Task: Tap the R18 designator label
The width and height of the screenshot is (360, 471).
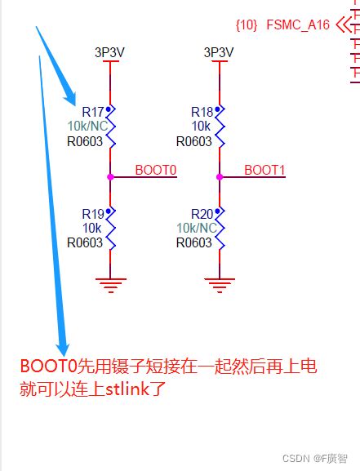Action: click(x=202, y=111)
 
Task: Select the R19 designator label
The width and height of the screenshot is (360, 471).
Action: click(x=92, y=214)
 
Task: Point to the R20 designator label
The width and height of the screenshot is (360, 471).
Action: click(x=202, y=214)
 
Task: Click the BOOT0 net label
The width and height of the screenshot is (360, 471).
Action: click(x=156, y=170)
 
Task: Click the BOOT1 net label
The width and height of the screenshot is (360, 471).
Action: click(x=265, y=170)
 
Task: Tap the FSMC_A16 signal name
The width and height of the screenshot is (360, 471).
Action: click(x=298, y=25)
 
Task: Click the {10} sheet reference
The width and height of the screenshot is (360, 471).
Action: click(x=247, y=25)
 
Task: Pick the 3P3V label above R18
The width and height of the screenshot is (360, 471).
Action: click(x=218, y=52)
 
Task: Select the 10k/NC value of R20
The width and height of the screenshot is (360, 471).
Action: click(x=196, y=228)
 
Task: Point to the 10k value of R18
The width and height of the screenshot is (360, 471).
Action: click(x=202, y=126)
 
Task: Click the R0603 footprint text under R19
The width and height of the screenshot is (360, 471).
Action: click(x=85, y=242)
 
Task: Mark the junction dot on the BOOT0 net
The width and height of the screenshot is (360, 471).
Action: click(x=109, y=176)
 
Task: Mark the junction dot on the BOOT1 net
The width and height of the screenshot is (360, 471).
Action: click(x=219, y=176)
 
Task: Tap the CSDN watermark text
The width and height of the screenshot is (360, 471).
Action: click(x=297, y=459)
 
